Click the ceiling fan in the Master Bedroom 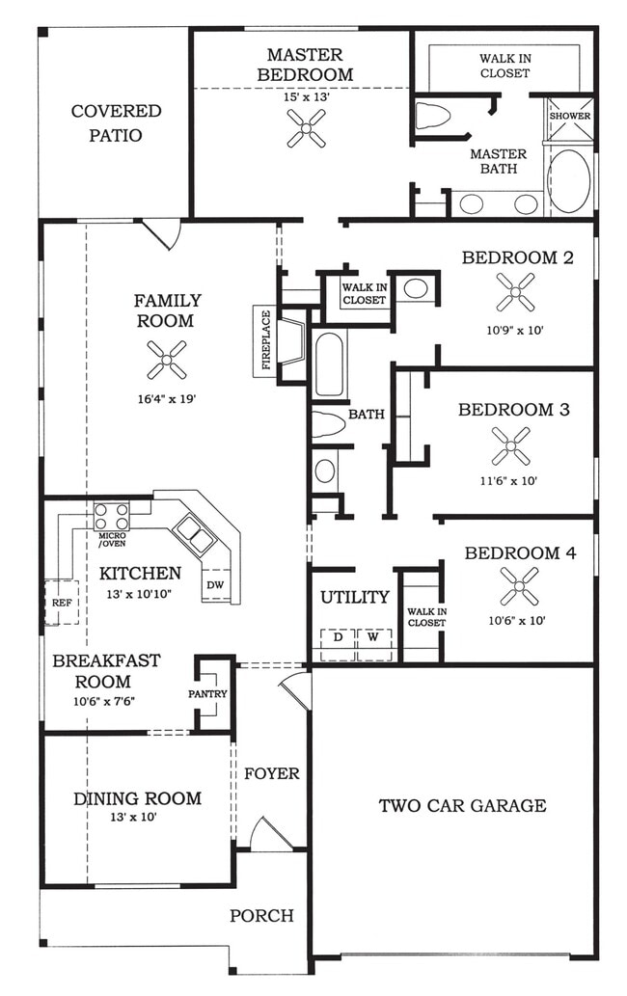click(x=306, y=127)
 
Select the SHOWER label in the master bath click(x=569, y=117)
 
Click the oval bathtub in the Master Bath click(x=569, y=180)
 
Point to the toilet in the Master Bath click(x=433, y=117)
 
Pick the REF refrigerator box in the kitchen click(x=60, y=602)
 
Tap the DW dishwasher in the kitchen click(x=214, y=584)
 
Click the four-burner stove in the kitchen click(x=111, y=514)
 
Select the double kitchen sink click(x=194, y=534)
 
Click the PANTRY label click(x=208, y=694)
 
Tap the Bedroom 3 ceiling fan click(x=510, y=445)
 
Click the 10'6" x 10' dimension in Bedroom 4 click(x=517, y=621)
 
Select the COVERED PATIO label click(x=116, y=123)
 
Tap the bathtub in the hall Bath click(x=329, y=364)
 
